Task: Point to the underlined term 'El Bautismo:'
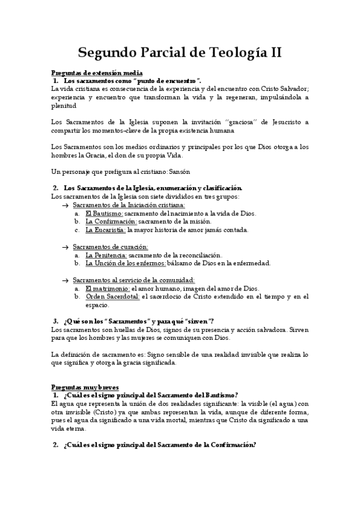pyautogui.click(x=104, y=214)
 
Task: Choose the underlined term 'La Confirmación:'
pyautogui.click(x=111, y=221)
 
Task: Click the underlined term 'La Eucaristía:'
pyautogui.click(x=105, y=230)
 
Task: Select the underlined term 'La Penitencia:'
pyautogui.click(x=106, y=255)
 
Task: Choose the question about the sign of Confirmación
pyautogui.click(x=159, y=445)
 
